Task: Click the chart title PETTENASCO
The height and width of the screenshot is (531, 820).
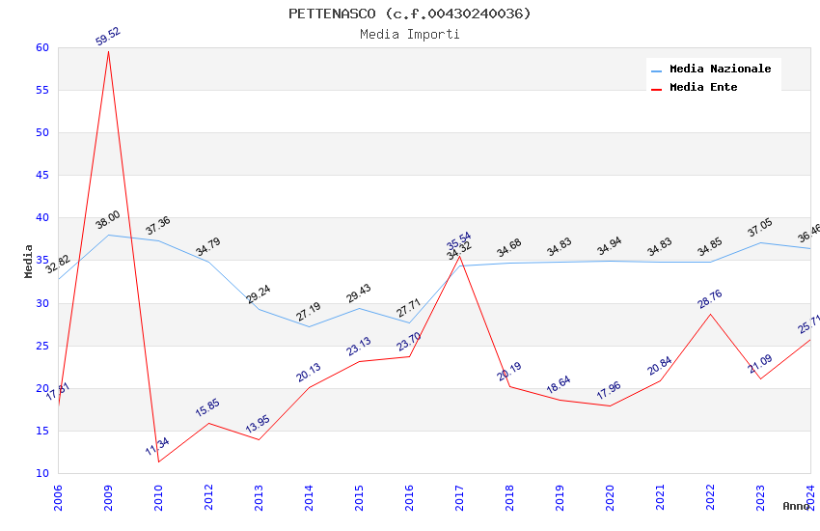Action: point(409,14)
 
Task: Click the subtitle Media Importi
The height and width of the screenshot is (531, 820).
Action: point(409,35)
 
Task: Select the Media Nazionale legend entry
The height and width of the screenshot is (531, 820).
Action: point(720,70)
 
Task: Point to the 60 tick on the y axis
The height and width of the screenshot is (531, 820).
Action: point(41,48)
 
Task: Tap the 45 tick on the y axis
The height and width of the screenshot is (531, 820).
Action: point(41,176)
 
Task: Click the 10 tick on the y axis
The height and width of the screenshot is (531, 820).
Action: point(41,473)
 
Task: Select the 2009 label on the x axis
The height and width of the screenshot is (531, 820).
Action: point(108,496)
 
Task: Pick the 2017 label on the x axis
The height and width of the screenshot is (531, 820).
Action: point(459,496)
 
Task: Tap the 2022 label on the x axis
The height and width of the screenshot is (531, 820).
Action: point(710,496)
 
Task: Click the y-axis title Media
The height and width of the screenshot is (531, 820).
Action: point(29,261)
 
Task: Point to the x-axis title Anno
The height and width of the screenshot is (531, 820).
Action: point(796,506)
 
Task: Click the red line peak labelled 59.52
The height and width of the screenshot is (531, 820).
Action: point(108,51)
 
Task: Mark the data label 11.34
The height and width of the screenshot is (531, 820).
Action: point(157,447)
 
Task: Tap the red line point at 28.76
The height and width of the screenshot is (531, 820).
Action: point(710,314)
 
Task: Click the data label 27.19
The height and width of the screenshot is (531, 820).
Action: point(308,312)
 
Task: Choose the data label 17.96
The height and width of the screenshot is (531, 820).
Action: point(609,391)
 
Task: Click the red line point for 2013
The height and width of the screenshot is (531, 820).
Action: point(259,440)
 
